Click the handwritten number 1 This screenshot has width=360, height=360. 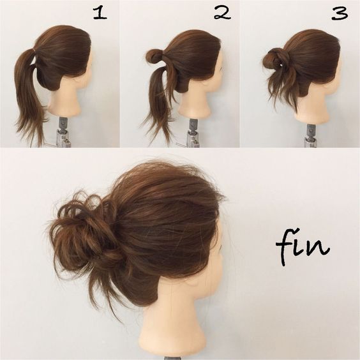point(100,13)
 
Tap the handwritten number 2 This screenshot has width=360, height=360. point(222,13)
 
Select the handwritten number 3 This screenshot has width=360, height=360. point(340,14)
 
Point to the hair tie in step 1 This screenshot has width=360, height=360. point(34,49)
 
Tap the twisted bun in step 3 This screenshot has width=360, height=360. point(276,59)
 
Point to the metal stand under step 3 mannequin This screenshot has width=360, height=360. point(310,136)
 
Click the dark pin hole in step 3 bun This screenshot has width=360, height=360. point(280,66)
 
